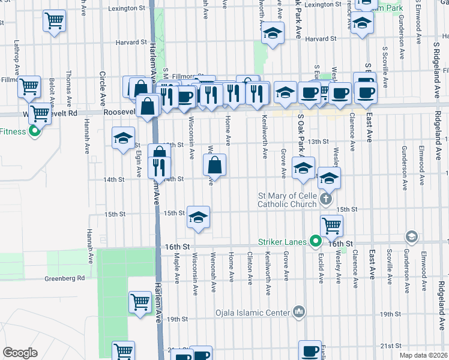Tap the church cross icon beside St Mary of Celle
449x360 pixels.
click(x=325, y=199)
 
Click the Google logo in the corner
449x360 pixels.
click(x=20, y=353)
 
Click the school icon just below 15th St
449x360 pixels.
click(x=197, y=218)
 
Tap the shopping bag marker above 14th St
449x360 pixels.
click(x=215, y=164)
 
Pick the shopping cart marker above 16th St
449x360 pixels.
click(x=331, y=226)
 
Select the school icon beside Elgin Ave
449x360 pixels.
click(x=123, y=139)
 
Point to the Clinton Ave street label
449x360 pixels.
click(x=249, y=263)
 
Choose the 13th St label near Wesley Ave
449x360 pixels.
click(x=318, y=142)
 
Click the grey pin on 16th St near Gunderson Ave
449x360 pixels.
click(x=411, y=236)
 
